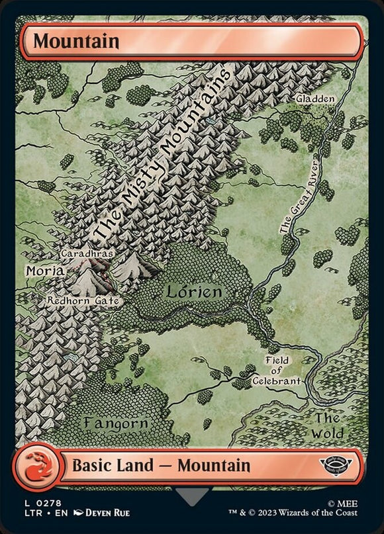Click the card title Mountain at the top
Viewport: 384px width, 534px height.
pos(76,41)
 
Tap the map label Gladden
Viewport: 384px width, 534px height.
pos(316,98)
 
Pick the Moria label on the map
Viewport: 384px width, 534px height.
pos(44,271)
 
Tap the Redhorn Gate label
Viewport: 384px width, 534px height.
pos(84,300)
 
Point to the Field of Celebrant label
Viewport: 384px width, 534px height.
pos(277,371)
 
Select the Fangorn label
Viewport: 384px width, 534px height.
pos(116,422)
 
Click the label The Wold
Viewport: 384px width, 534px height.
pos(328,425)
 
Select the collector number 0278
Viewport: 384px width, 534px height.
pos(42,501)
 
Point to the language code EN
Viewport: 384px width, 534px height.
pos(56,513)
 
